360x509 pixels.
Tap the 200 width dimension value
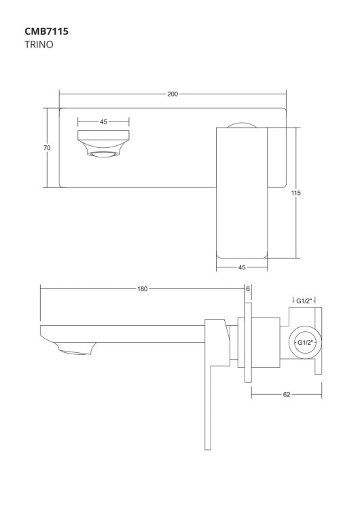173,94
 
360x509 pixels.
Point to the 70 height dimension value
48,147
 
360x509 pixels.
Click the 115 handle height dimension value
296,193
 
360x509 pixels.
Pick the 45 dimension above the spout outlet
103,121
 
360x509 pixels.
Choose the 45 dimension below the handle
242,267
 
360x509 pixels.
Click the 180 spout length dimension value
142,288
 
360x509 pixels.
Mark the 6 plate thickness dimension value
248,288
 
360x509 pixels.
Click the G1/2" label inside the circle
304,343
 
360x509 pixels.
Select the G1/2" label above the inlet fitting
304,299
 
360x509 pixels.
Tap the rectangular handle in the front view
241,193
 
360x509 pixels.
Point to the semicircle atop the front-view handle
241,125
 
